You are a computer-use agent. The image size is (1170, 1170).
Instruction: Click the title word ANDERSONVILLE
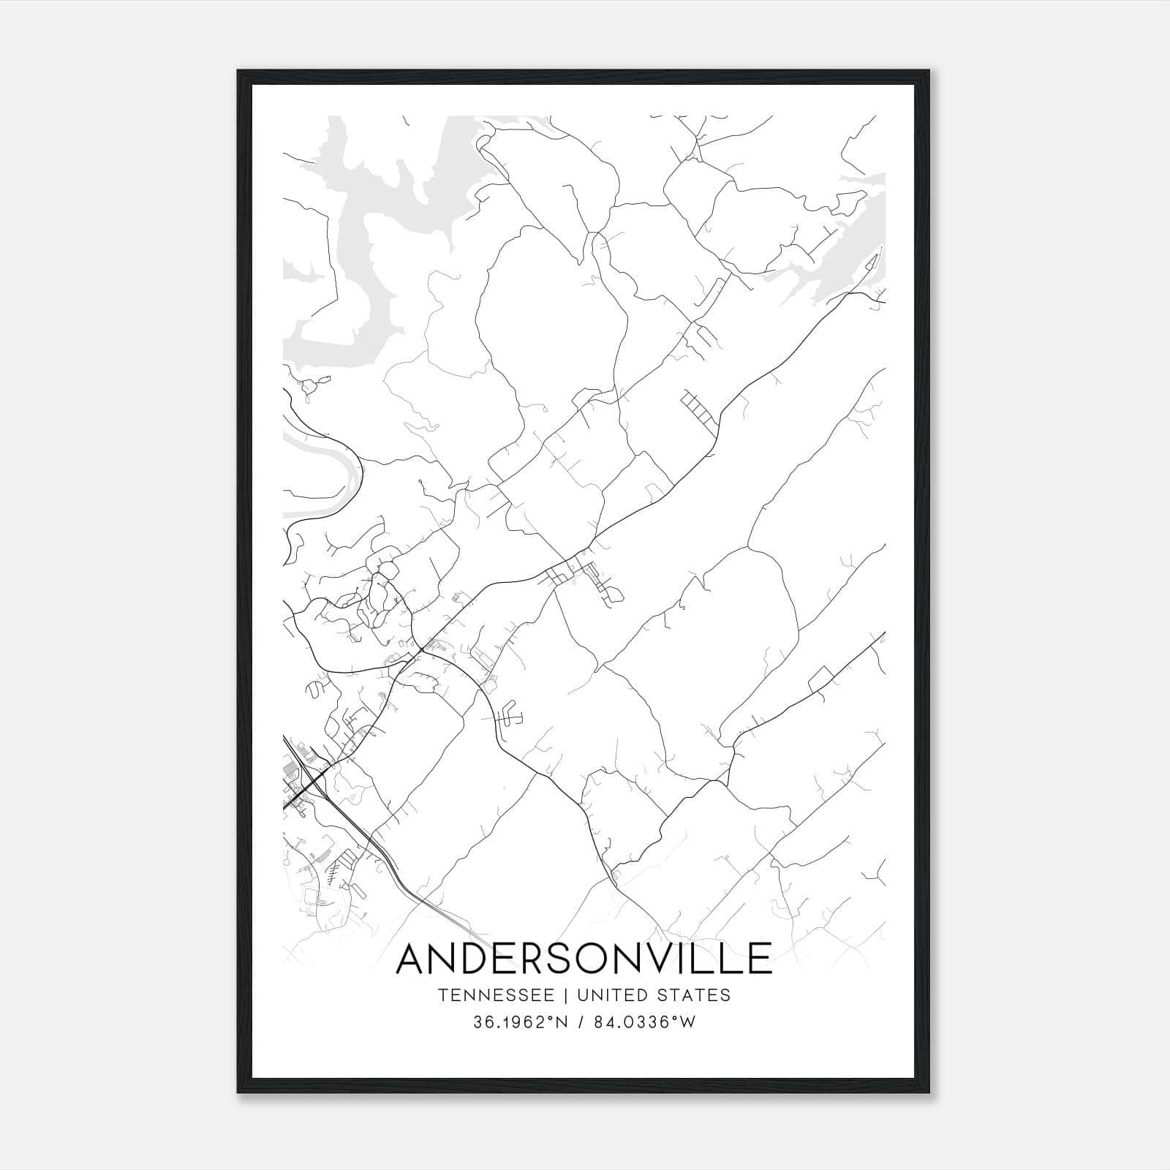tap(584, 959)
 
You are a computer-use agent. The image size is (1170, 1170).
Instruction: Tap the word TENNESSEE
tap(501, 995)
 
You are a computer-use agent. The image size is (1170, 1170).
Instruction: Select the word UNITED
tap(612, 995)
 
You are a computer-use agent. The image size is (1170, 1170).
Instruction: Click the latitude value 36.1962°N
tap(520, 1023)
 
